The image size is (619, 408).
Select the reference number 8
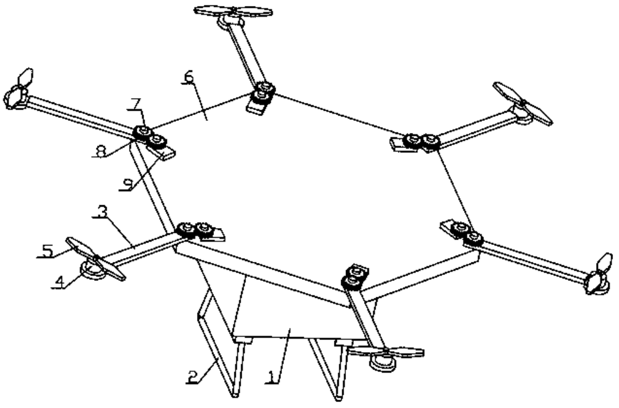[99, 152]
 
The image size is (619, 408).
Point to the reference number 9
[125, 185]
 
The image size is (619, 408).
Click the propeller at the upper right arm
[522, 104]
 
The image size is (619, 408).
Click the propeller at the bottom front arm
[386, 352]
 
